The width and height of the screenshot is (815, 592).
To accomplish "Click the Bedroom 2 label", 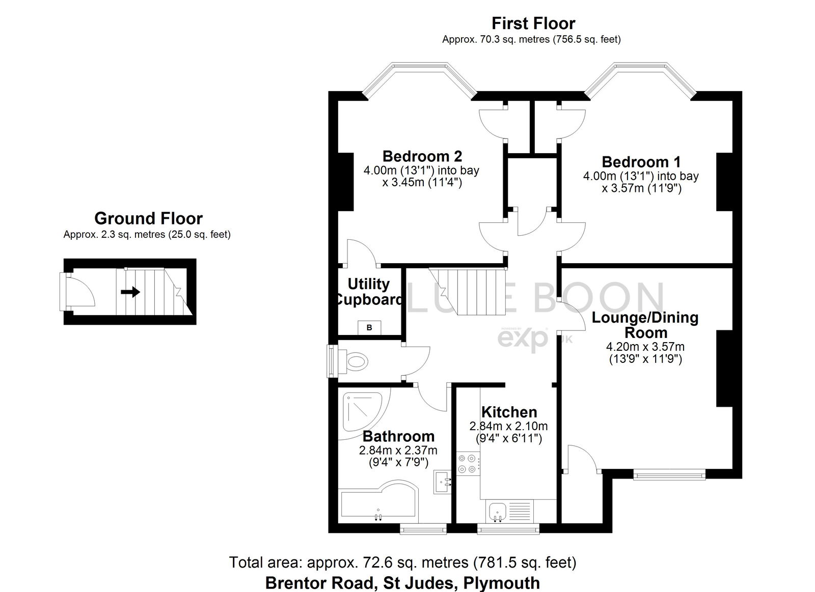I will (422, 156).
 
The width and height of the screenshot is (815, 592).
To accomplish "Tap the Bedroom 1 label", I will (641, 162).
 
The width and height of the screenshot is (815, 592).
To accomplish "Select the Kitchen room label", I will (509, 412).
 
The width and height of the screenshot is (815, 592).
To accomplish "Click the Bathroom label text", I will (398, 436).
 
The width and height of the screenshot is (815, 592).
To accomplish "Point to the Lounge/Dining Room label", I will (645, 325).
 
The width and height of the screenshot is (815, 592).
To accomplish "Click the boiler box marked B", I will (369, 327).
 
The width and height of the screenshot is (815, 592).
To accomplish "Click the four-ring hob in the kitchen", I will (467, 463).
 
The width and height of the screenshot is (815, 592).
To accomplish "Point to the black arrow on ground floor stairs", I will (130, 292).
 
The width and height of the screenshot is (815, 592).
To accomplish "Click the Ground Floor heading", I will (148, 218).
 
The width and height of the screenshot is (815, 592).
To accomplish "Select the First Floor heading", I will (533, 23).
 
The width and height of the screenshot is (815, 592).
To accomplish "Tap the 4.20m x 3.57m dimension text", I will (645, 347).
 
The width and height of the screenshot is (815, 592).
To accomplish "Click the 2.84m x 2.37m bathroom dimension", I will (398, 450).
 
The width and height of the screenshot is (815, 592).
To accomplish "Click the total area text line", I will (402, 562).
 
